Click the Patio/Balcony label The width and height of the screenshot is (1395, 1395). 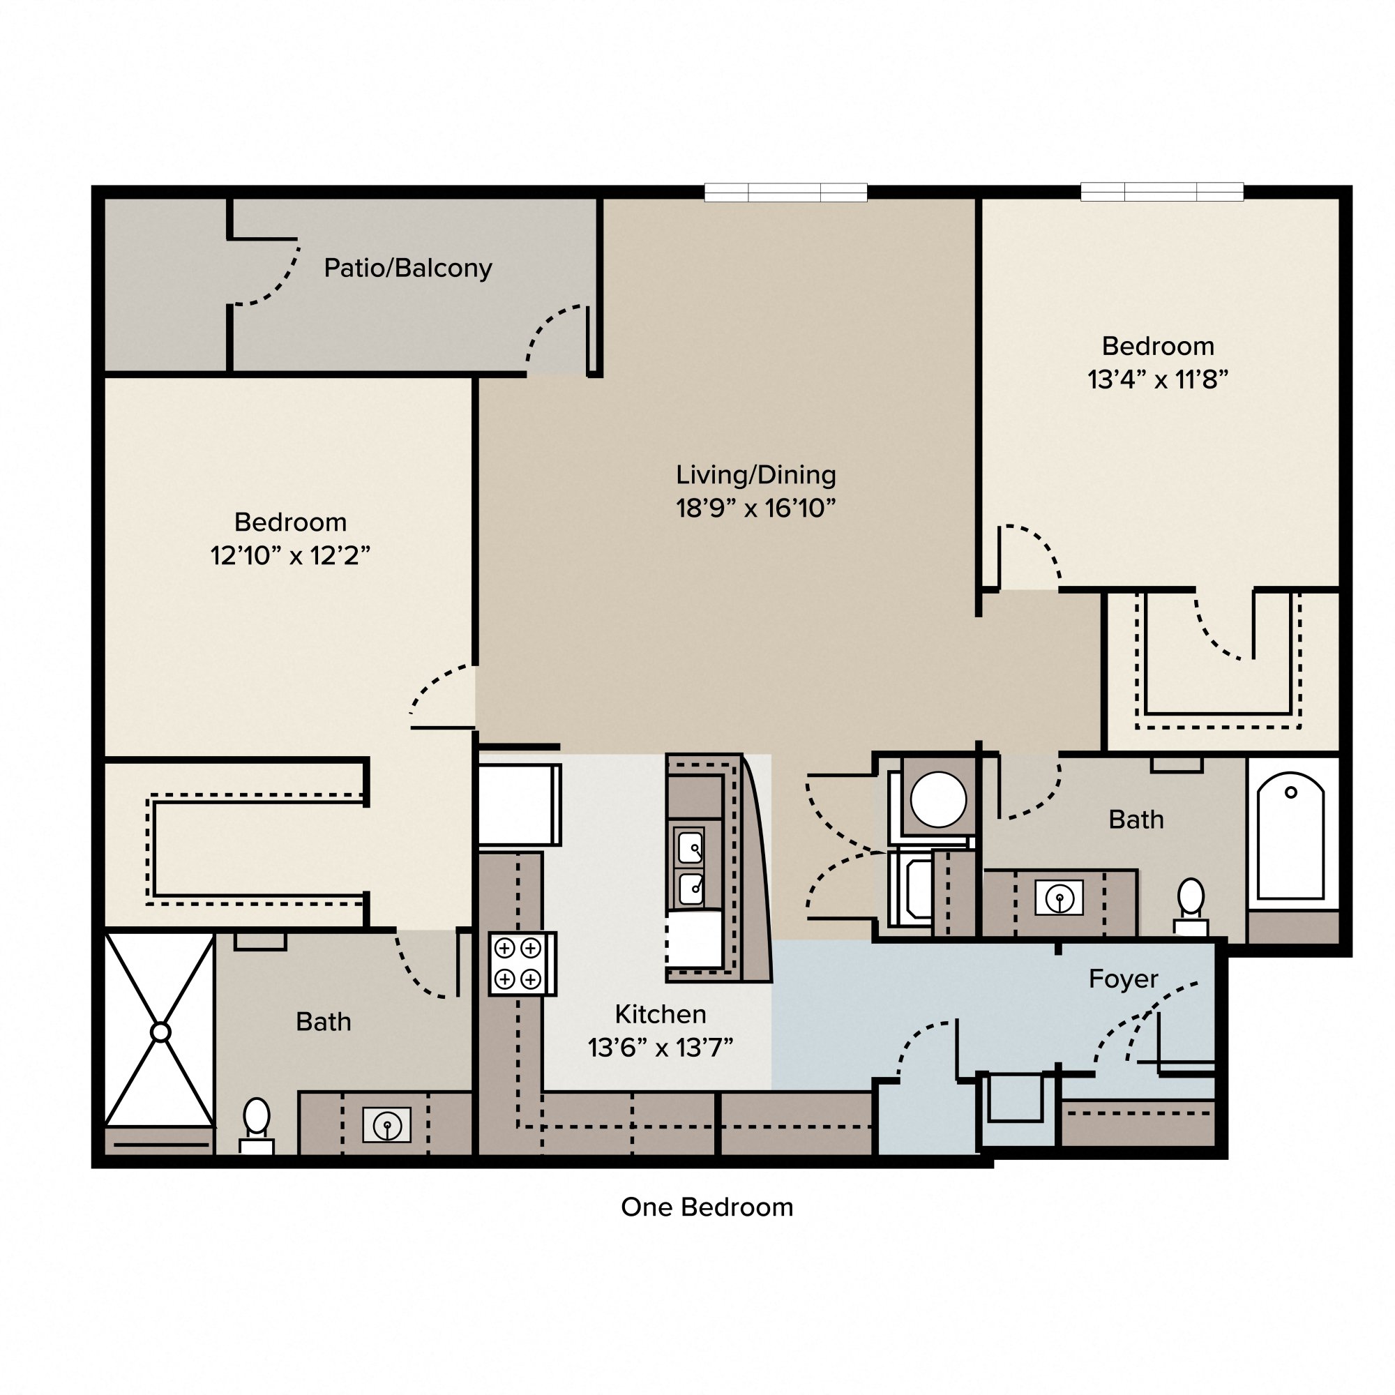click(407, 269)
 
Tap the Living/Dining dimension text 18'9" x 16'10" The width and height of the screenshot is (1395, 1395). click(755, 508)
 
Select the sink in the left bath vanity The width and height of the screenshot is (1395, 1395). click(387, 1125)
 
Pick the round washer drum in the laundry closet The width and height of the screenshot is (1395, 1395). click(938, 799)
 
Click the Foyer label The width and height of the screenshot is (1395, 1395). click(1123, 979)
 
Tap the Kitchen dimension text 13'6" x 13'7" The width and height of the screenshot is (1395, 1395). click(660, 1048)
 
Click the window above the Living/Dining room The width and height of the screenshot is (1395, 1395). click(785, 192)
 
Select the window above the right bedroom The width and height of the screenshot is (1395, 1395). click(1162, 191)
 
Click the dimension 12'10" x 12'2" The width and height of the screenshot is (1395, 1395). click(290, 555)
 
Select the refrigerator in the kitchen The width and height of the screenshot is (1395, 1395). click(519, 804)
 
